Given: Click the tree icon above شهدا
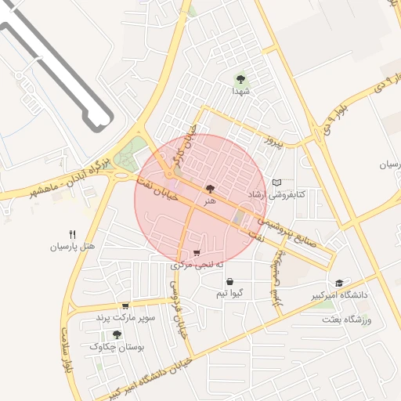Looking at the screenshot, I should [240, 78].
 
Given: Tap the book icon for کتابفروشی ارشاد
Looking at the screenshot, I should [276, 182].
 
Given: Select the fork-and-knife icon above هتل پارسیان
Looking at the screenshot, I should [72, 233].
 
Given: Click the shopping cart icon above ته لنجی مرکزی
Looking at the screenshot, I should [196, 253].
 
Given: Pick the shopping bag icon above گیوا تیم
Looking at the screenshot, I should [229, 281].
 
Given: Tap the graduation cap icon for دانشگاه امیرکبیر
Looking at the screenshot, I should [339, 283].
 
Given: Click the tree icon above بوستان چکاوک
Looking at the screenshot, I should [117, 334].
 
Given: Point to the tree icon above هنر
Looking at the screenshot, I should [209, 189].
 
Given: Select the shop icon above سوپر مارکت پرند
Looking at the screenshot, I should [125, 306].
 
